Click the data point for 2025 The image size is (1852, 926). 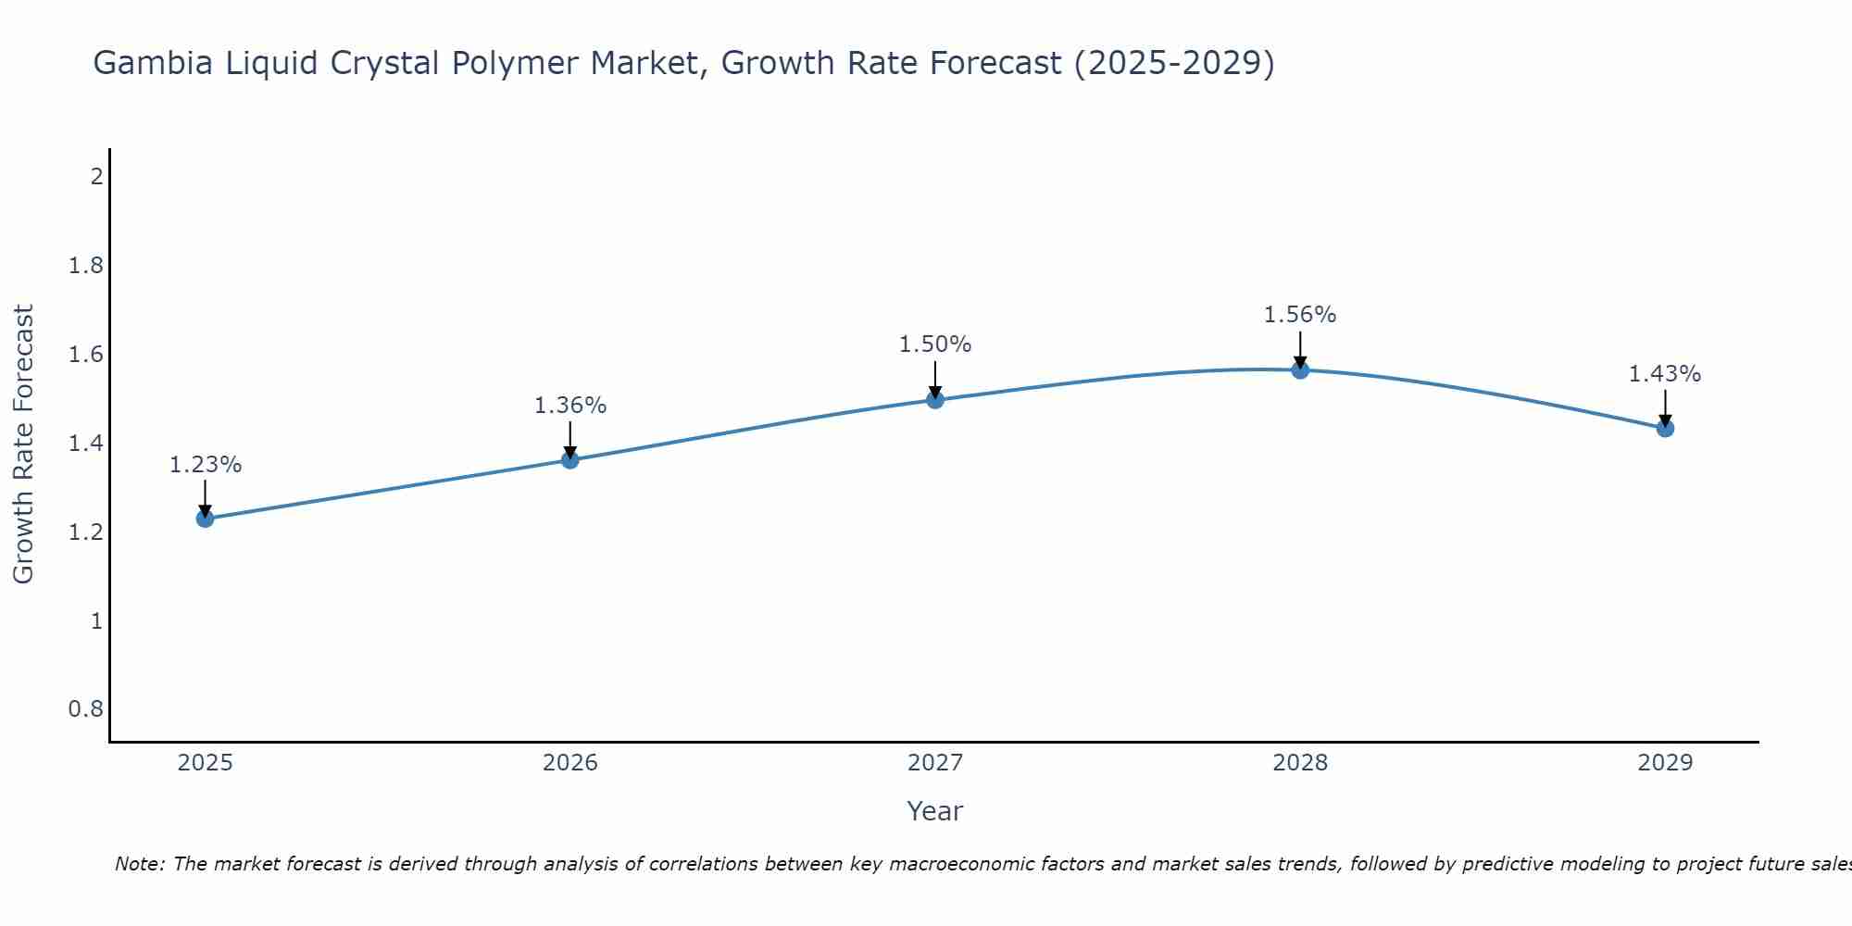205,519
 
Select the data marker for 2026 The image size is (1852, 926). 570,459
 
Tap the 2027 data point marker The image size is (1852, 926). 935,400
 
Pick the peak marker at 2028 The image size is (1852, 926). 1300,370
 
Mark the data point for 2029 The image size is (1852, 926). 1665,428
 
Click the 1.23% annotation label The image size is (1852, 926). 205,465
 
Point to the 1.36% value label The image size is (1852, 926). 570,406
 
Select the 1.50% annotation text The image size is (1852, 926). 935,344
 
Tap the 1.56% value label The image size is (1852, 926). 1300,315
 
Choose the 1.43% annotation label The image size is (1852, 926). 1665,374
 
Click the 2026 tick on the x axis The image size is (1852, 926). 570,763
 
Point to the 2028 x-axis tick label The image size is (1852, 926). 1300,763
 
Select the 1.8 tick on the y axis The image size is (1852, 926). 86,267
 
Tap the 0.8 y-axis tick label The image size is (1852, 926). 86,709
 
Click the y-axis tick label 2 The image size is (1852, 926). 96,177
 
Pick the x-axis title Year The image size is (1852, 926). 935,811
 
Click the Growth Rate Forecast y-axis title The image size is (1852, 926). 24,444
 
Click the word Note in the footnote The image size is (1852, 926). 139,864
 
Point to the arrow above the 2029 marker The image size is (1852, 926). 1665,407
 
